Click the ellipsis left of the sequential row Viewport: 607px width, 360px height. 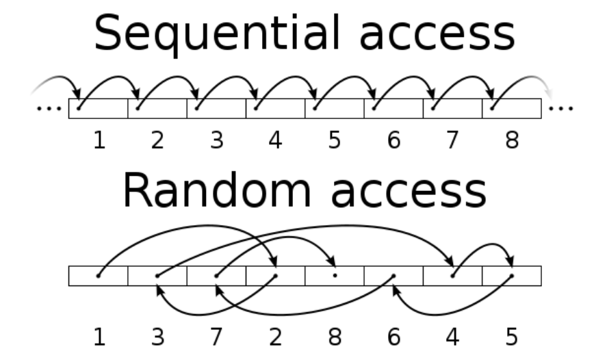point(48,108)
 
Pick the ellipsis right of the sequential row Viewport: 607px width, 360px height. point(561,108)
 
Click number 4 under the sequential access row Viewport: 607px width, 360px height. point(275,140)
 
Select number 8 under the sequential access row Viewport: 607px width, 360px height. point(511,140)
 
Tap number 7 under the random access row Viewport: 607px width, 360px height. point(216,337)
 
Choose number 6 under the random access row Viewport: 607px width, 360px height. point(393,337)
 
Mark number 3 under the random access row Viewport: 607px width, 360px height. point(157,337)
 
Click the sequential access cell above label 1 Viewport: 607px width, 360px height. point(98,108)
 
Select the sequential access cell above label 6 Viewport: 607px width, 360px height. point(393,108)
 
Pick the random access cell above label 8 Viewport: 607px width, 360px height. point(334,276)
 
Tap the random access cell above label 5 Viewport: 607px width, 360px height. point(511,276)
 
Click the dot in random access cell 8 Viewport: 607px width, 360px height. point(334,276)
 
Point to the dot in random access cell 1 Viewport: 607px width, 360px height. point(98,276)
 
